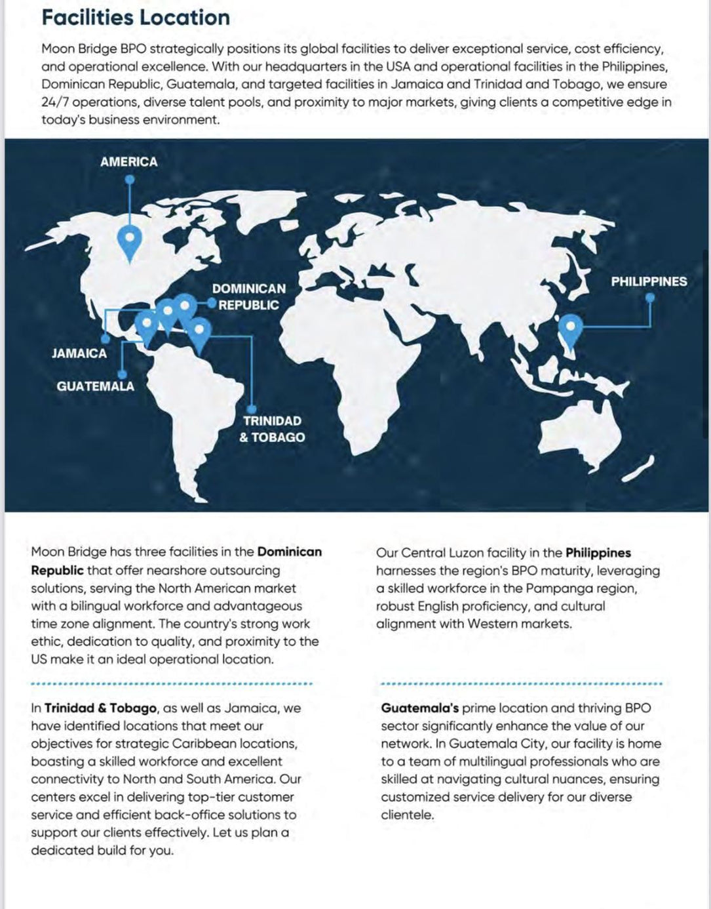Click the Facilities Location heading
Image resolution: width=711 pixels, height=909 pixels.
(x=136, y=17)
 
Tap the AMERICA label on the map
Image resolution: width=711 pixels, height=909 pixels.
(x=128, y=161)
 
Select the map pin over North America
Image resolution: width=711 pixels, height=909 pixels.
(x=130, y=239)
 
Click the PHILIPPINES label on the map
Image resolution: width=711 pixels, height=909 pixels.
(x=649, y=281)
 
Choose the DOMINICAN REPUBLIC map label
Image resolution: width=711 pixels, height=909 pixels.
(x=248, y=296)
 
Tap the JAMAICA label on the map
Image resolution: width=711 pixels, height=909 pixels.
(x=79, y=353)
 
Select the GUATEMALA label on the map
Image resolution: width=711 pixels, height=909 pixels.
(x=95, y=386)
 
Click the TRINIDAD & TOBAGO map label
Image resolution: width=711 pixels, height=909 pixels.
(x=272, y=429)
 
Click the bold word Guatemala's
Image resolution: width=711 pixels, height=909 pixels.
(x=419, y=708)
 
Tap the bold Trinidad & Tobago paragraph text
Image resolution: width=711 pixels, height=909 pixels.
(x=100, y=708)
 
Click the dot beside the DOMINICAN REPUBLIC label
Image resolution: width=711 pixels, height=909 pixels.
(x=212, y=303)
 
